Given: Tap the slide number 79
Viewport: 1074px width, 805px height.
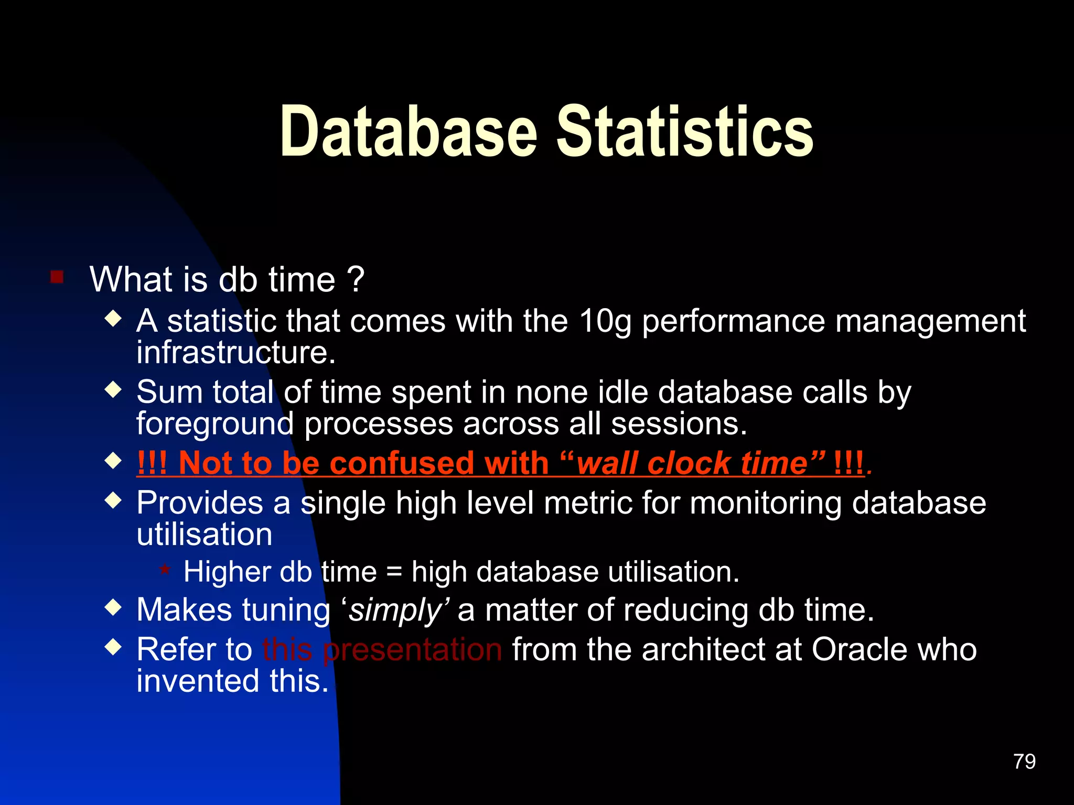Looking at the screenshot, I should pos(1024,762).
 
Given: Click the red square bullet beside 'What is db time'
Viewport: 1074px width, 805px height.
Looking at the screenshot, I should pos(57,277).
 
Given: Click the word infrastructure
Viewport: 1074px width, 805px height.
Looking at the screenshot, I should pos(235,353).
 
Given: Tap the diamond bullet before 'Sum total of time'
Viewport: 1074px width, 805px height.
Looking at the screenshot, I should pos(113,390).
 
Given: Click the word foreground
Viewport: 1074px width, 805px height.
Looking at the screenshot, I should pos(215,425).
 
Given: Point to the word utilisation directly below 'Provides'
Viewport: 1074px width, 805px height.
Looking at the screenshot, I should pos(205,535).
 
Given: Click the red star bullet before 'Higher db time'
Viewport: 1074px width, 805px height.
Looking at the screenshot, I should pos(165,569).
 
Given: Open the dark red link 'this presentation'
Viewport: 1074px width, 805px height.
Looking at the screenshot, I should pos(382,650).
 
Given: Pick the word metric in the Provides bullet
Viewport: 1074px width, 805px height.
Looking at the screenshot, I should pos(587,503).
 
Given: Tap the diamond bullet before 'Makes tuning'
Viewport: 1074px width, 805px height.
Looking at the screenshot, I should pos(113,608).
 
